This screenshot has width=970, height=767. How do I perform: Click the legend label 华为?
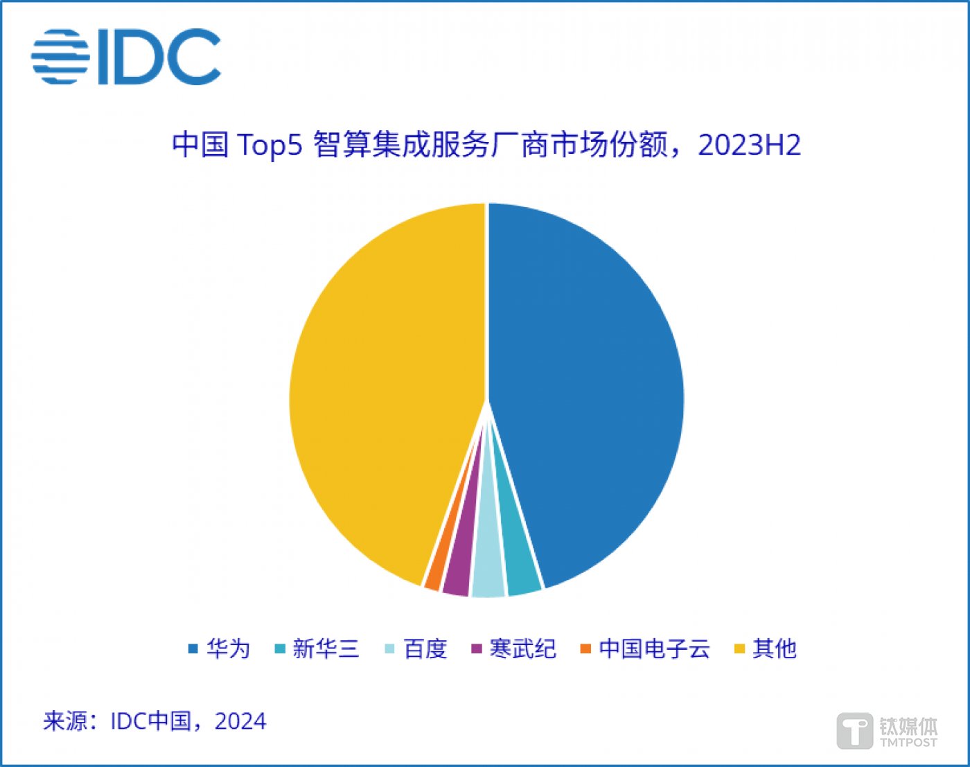[228, 649]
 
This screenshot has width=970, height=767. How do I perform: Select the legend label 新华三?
[326, 649]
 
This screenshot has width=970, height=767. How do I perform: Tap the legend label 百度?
[425, 649]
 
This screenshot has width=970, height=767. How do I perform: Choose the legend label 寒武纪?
[522, 649]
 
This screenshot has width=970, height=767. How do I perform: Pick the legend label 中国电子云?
[654, 649]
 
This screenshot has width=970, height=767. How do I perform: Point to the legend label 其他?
[775, 649]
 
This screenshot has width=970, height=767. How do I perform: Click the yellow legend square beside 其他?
[739, 649]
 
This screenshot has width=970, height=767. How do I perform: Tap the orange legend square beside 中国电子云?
[585, 649]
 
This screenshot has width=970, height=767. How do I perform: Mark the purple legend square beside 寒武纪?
[476, 649]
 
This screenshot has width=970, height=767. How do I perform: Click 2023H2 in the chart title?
[749, 146]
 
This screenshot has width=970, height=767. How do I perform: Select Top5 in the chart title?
[270, 146]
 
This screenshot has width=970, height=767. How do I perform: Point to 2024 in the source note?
[240, 721]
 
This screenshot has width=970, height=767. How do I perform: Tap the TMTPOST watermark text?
[908, 742]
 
